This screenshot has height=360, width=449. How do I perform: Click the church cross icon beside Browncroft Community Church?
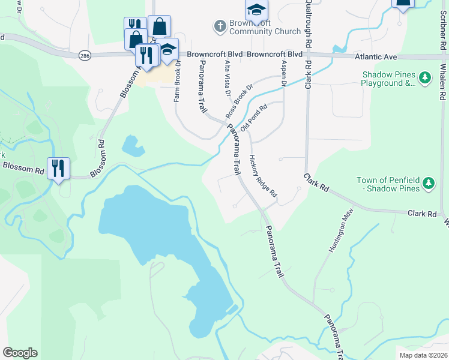220,26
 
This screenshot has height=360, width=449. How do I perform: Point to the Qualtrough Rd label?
307,24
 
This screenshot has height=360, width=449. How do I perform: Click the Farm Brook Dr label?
178,84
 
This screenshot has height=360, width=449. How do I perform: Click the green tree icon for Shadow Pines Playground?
425,77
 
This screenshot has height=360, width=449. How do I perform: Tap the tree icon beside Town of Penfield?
427,182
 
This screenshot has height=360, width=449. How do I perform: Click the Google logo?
20,353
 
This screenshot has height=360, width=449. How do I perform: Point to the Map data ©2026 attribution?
423,355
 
